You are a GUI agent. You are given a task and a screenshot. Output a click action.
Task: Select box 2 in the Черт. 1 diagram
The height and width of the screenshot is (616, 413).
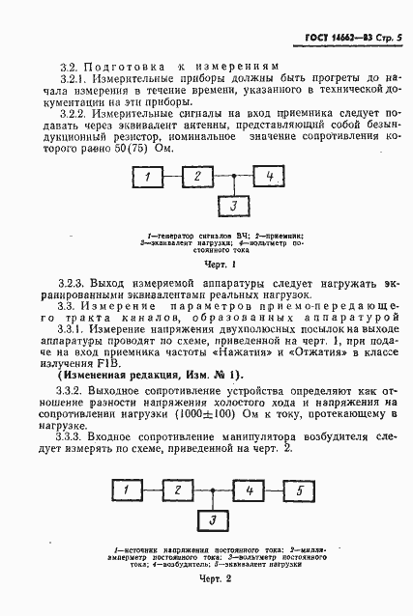[197, 177]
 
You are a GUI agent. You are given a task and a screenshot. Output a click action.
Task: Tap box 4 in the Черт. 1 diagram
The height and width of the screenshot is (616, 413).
[270, 177]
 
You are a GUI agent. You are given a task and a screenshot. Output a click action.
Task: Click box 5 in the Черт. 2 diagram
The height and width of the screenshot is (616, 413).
[299, 491]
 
